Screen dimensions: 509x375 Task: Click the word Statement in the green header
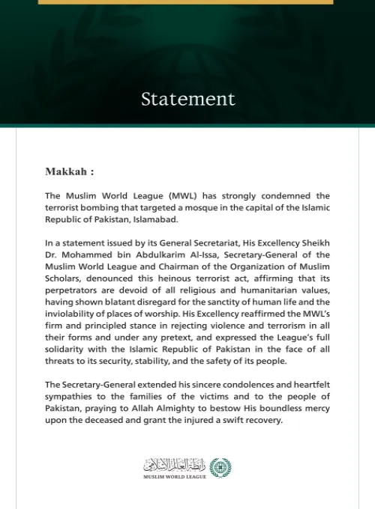187,99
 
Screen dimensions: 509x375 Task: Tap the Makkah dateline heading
70,171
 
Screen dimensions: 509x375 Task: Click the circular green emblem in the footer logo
220,467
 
